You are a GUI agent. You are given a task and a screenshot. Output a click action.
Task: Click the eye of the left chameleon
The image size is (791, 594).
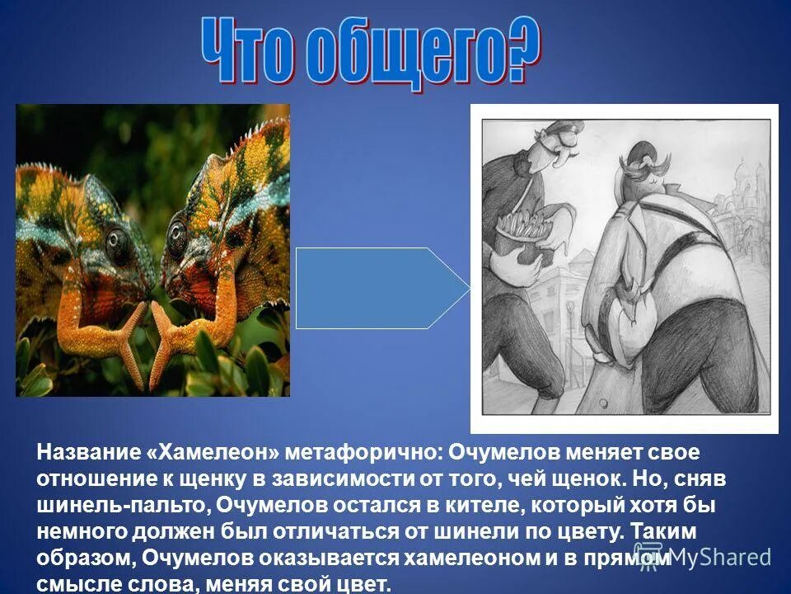118,241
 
